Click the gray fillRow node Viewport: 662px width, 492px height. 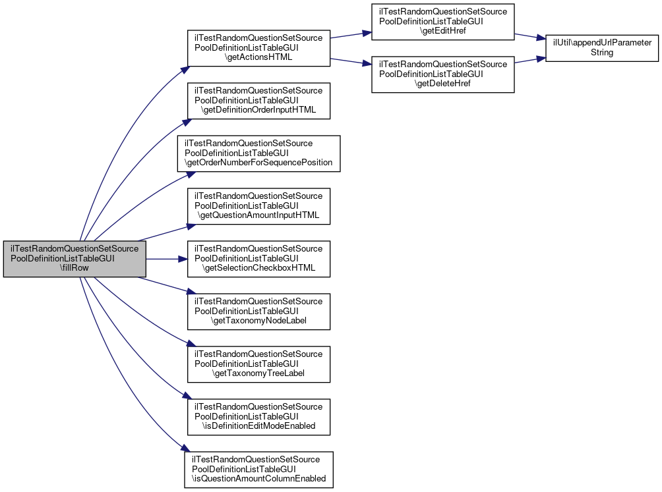pos(74,259)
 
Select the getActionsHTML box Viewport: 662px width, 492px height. pos(258,48)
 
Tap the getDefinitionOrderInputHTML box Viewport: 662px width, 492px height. pos(258,101)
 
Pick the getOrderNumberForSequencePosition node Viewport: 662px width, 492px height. pos(258,153)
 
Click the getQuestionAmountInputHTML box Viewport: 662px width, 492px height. pos(258,206)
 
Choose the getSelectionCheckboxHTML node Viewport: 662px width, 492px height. pos(258,259)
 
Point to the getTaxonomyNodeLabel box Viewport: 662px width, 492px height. pos(258,312)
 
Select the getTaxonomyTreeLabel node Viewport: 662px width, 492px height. pos(258,364)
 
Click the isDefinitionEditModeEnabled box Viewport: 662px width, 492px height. pos(258,417)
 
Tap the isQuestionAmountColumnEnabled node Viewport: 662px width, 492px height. pos(258,470)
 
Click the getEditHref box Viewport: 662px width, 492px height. pos(442,22)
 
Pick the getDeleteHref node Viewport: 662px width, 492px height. pos(442,74)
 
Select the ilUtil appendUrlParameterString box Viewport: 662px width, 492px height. pos(602,47)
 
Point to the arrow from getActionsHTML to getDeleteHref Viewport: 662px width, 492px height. pos(349,61)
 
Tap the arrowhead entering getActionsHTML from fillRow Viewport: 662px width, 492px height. pos(183,68)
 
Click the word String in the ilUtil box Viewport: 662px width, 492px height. pos(602,53)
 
